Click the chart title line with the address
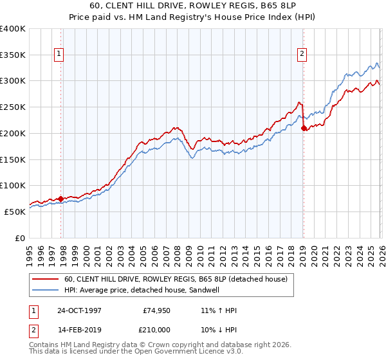click(x=193, y=5)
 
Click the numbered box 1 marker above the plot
click(x=59, y=55)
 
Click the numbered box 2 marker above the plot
click(x=302, y=55)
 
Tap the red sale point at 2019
click(x=304, y=128)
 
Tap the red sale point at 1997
click(x=61, y=199)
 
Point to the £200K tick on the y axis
click(x=13, y=133)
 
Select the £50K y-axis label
click(x=15, y=212)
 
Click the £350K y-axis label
click(x=13, y=55)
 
